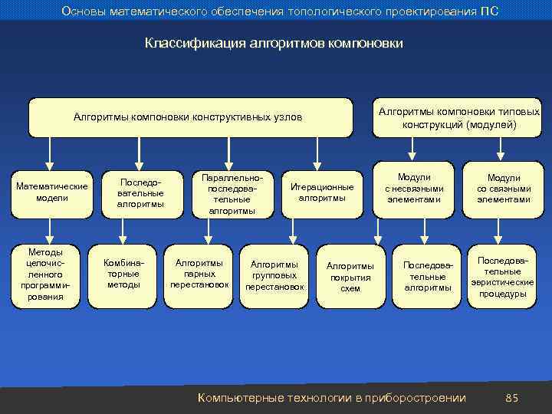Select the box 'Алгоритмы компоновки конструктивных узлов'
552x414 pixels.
188,117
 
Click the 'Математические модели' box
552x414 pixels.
51,192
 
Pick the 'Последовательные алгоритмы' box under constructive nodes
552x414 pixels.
140,192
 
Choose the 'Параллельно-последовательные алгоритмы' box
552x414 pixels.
232,194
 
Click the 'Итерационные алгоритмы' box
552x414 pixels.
322,192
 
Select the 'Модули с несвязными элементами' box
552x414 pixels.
414,189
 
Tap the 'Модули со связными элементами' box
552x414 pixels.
503,189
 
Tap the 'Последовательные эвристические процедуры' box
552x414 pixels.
503,277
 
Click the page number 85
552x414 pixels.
512,397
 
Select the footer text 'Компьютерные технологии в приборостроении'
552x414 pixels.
331,397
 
